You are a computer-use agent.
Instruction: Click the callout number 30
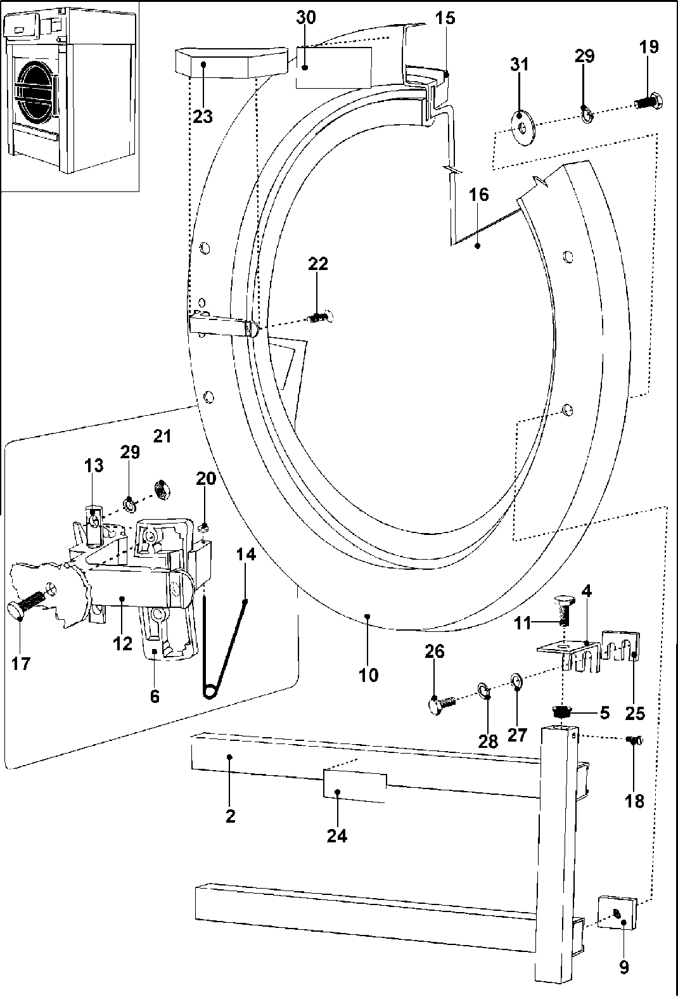pyautogui.click(x=305, y=17)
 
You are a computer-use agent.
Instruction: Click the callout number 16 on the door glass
pyautogui.click(x=479, y=195)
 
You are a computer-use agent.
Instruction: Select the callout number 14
pyautogui.click(x=246, y=555)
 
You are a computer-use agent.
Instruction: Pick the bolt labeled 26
pyautogui.click(x=440, y=703)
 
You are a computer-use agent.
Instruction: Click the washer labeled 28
pyautogui.click(x=485, y=690)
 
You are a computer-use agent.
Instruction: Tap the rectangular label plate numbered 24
pyautogui.click(x=354, y=787)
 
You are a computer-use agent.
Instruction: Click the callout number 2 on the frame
pyautogui.click(x=231, y=816)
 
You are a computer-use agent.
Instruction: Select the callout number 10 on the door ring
pyautogui.click(x=368, y=675)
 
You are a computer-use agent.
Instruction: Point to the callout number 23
pyautogui.click(x=203, y=117)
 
